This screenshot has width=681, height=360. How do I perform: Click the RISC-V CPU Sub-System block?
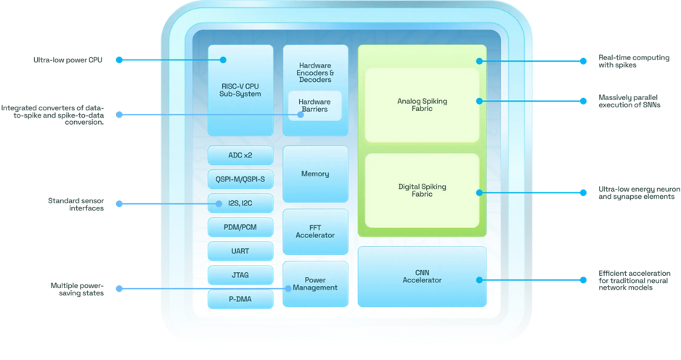click(240, 90)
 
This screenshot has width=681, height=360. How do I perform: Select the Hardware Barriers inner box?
click(315, 105)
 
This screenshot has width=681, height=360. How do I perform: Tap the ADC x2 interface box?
click(240, 155)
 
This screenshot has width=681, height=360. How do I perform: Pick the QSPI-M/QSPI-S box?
click(240, 179)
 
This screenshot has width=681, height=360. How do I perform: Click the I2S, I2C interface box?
click(240, 202)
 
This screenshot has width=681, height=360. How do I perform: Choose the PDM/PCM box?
click(240, 227)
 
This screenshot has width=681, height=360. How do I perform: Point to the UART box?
click(240, 251)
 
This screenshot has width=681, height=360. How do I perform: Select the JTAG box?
click(240, 275)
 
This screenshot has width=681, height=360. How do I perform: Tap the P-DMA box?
click(240, 299)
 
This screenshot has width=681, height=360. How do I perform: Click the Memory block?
click(315, 173)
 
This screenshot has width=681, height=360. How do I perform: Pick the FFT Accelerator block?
click(315, 232)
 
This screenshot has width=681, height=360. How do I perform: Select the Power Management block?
click(315, 284)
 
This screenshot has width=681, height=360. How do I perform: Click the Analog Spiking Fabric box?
click(422, 105)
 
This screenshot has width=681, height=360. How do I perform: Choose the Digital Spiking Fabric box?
click(422, 190)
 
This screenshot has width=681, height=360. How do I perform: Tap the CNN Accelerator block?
click(422, 277)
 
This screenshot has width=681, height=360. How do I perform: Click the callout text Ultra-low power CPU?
click(68, 60)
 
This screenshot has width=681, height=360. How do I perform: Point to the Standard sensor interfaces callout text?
click(76, 204)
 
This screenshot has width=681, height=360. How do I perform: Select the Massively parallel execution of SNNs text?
click(629, 101)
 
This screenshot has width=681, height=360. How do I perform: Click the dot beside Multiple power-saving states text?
click(119, 288)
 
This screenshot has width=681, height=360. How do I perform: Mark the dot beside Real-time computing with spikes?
click(583, 61)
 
